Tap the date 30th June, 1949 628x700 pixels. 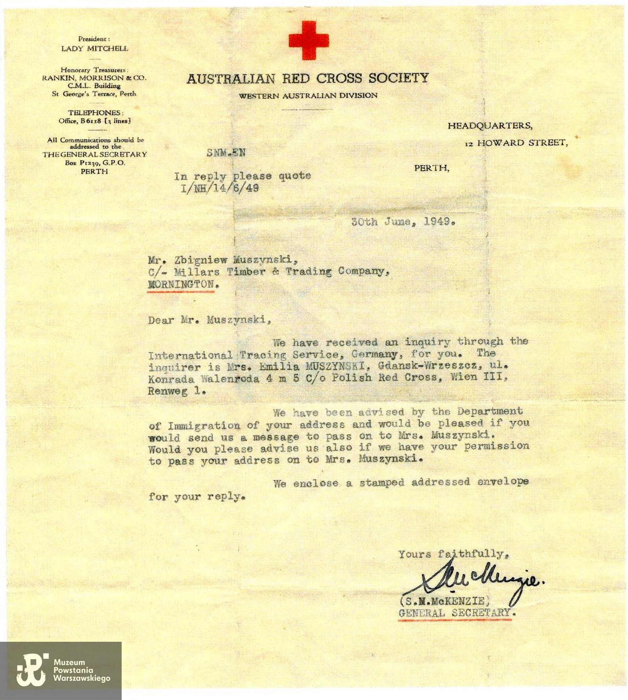tap(403, 221)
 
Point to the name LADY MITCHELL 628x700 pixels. tap(95, 49)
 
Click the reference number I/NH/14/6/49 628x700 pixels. tap(220, 188)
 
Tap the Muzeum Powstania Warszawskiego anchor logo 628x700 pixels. tap(31, 670)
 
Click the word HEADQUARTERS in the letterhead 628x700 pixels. tap(490, 126)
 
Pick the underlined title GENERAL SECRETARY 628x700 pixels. tap(454, 613)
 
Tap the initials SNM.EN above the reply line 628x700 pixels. tap(226, 152)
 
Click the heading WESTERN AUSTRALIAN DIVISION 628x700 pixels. tap(308, 96)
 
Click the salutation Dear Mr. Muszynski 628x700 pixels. tap(209, 320)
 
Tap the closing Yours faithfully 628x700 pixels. tap(453, 554)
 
